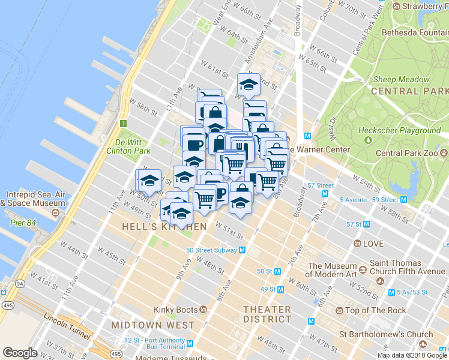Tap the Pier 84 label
tap(23, 223)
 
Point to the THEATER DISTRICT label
tap(267, 314)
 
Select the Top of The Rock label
tap(376, 310)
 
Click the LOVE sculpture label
tap(373, 244)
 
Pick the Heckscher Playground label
tap(399, 130)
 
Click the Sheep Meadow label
tap(402, 79)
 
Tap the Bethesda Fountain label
tap(414, 32)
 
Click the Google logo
tap(20, 353)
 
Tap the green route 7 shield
tap(122, 124)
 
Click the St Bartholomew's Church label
tap(386, 334)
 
